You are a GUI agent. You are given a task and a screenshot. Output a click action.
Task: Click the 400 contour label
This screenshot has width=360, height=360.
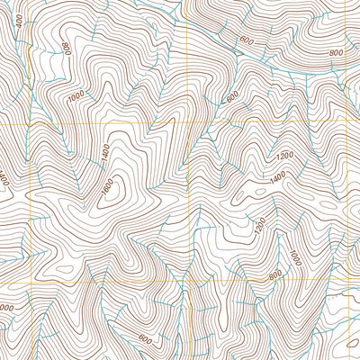(x=21, y=19)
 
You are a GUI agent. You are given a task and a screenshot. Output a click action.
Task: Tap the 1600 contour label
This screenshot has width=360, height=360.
(x=108, y=188)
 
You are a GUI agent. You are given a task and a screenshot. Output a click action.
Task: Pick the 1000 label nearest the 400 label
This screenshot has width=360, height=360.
(x=75, y=94)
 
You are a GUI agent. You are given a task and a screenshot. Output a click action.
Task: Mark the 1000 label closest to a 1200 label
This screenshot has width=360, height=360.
(x=75, y=94)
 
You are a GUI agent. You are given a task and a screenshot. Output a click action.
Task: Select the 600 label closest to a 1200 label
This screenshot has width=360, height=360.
(x=231, y=96)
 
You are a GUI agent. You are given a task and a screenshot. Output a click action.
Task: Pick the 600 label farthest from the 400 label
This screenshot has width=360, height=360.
(x=144, y=337)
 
